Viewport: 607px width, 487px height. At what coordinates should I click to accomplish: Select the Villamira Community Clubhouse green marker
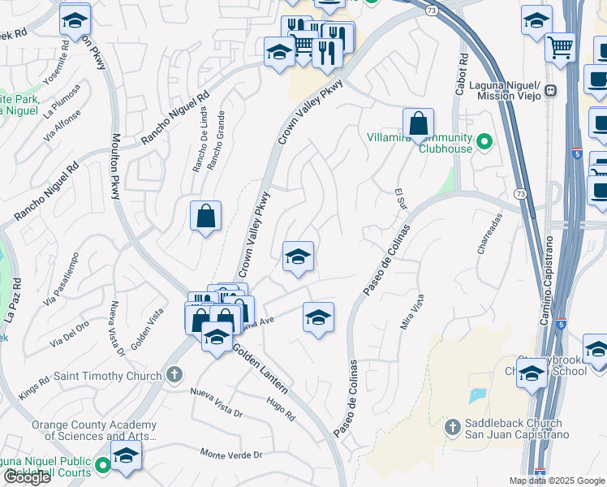485,143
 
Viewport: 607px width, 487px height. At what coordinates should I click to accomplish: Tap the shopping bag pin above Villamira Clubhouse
418,124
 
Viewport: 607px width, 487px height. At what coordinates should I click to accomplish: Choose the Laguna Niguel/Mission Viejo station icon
550,90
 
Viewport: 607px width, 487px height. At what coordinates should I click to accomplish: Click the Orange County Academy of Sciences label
93,431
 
